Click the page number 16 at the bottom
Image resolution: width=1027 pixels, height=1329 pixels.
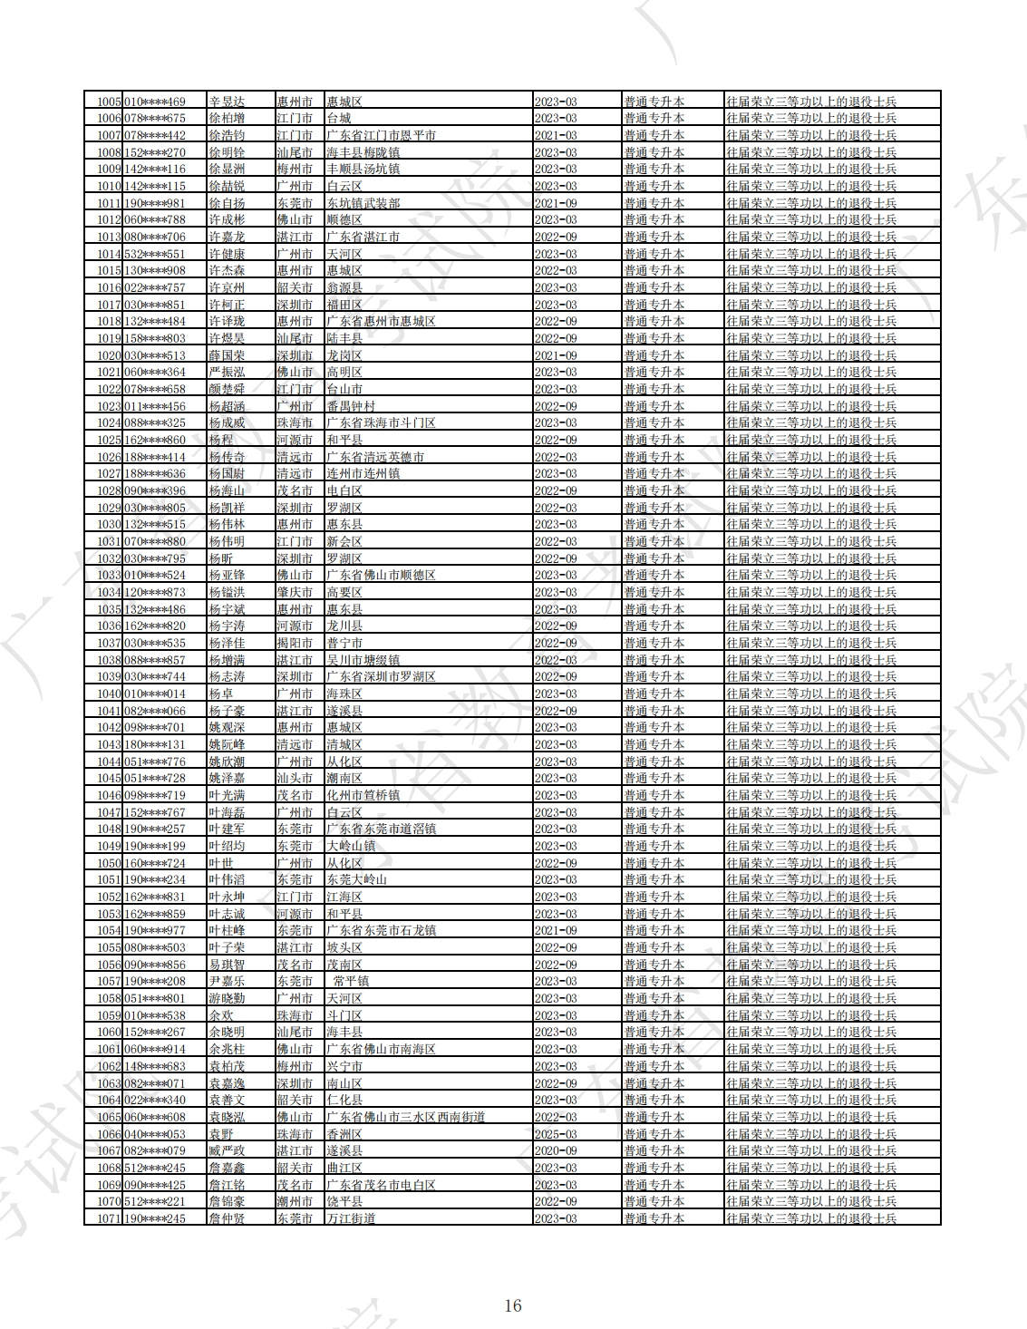tap(513, 1305)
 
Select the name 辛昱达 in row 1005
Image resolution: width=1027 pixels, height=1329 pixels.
tap(227, 102)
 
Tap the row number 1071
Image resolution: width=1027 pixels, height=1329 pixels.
tap(109, 1218)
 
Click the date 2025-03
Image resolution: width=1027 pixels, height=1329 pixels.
tap(556, 1134)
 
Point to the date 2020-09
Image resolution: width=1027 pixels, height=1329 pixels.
tap(556, 1150)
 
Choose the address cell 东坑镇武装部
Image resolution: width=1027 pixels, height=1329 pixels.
tap(363, 203)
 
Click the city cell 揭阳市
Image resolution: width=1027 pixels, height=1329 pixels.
tap(295, 643)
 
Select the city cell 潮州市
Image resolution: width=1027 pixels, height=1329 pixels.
tap(295, 1201)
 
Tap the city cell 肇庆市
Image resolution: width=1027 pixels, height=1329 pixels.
tap(295, 592)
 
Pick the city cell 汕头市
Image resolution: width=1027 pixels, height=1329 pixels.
tap(295, 778)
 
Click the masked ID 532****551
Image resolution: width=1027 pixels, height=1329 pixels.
tap(155, 254)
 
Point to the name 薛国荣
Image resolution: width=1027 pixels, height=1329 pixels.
tap(227, 355)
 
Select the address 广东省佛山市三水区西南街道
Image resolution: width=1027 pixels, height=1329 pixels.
tap(405, 1117)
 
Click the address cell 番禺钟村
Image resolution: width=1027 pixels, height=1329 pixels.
tap(351, 406)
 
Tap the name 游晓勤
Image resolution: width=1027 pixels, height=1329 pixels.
tap(227, 998)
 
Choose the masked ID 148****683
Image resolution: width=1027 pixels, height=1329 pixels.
tap(155, 1066)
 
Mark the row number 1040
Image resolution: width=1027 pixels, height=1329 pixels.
tap(109, 694)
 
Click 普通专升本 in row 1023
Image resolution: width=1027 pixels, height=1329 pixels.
tap(654, 406)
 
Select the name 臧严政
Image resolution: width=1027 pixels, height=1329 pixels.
tap(227, 1150)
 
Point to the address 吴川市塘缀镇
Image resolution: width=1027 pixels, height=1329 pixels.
tap(363, 660)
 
